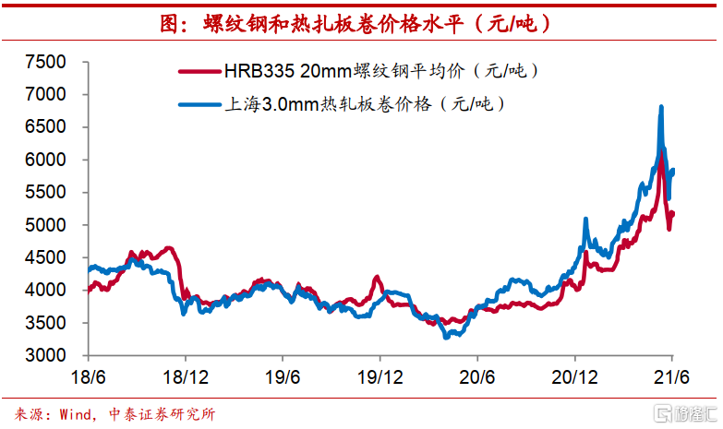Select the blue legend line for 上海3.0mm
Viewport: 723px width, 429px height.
click(199, 102)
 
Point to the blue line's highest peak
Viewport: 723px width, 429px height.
click(661, 108)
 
